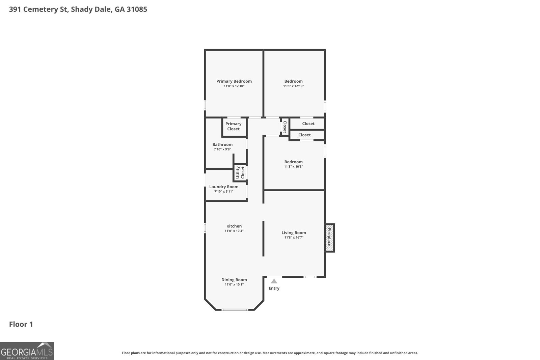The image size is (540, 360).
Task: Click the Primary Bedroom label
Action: coord(234,81)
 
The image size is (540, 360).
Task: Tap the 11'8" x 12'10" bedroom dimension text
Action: coord(293,86)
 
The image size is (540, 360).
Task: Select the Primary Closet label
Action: coord(233,126)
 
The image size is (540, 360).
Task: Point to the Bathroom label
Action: coord(222,145)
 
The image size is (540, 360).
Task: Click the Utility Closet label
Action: coord(240,172)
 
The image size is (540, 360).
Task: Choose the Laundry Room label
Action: coord(224,187)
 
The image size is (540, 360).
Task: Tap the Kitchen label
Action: coord(234,226)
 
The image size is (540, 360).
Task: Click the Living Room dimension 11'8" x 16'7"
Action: coord(294,238)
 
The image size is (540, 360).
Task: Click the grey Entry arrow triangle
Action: coord(274,281)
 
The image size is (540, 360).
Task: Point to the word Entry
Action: coord(274,288)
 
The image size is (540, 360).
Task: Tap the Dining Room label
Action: coord(234,280)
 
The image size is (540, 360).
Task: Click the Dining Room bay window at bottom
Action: coord(235,310)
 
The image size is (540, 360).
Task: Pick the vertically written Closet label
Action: coord(285,127)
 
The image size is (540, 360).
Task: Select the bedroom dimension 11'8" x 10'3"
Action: coord(293,167)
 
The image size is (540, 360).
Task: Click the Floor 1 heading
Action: coord(21,324)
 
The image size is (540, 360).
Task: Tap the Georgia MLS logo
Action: coord(27,351)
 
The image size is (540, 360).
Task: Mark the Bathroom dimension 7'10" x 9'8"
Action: coord(222,149)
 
